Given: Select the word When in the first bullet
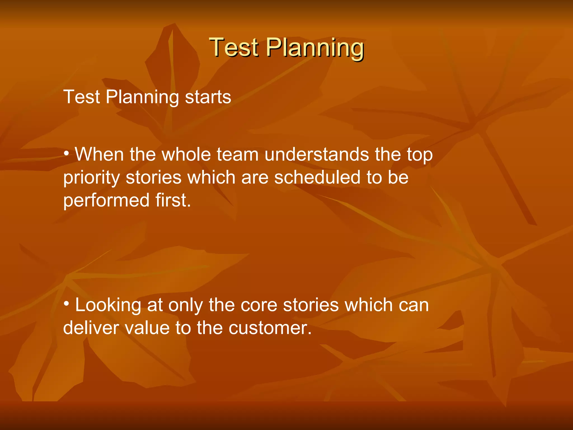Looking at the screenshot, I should pos(99,155).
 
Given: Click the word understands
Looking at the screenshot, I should pos(317,155).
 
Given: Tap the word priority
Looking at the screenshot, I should pos(91,178).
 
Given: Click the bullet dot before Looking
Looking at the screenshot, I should pos(66,304).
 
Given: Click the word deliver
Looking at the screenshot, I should pos(91,328).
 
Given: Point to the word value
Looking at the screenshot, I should pos(147,328).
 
